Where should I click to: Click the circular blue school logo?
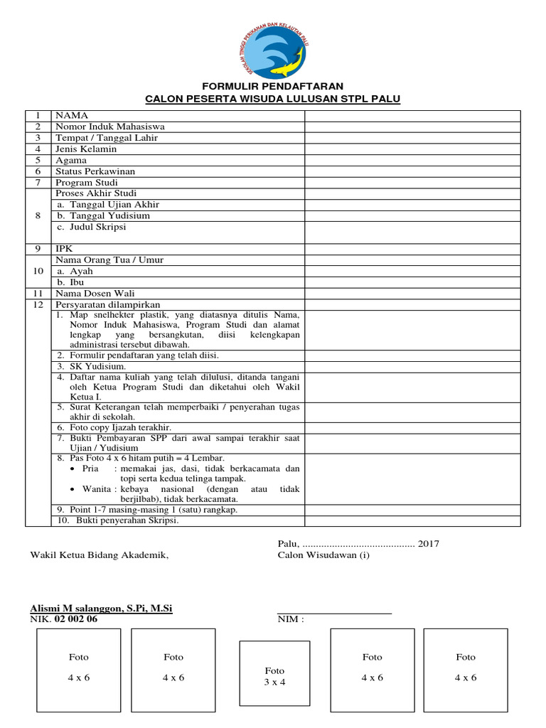click(x=273, y=48)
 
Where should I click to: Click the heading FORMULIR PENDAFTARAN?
click(x=273, y=86)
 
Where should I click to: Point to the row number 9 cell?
click(x=38, y=249)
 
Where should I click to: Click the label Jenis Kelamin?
click(x=85, y=149)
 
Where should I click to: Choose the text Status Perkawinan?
click(x=95, y=171)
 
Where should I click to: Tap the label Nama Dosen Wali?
click(x=95, y=294)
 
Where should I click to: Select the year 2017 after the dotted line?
click(x=429, y=544)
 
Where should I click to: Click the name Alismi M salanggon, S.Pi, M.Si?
click(x=101, y=609)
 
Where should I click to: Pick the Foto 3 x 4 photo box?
click(x=274, y=675)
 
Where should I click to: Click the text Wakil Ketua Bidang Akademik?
click(x=100, y=555)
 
